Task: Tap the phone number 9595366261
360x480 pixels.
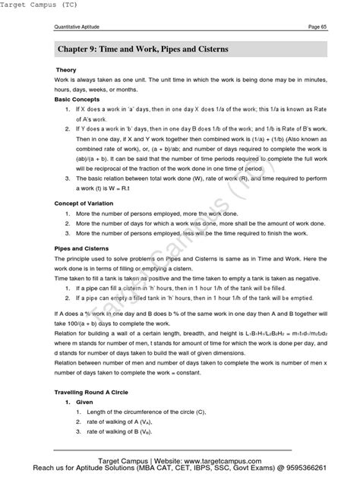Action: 322,470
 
